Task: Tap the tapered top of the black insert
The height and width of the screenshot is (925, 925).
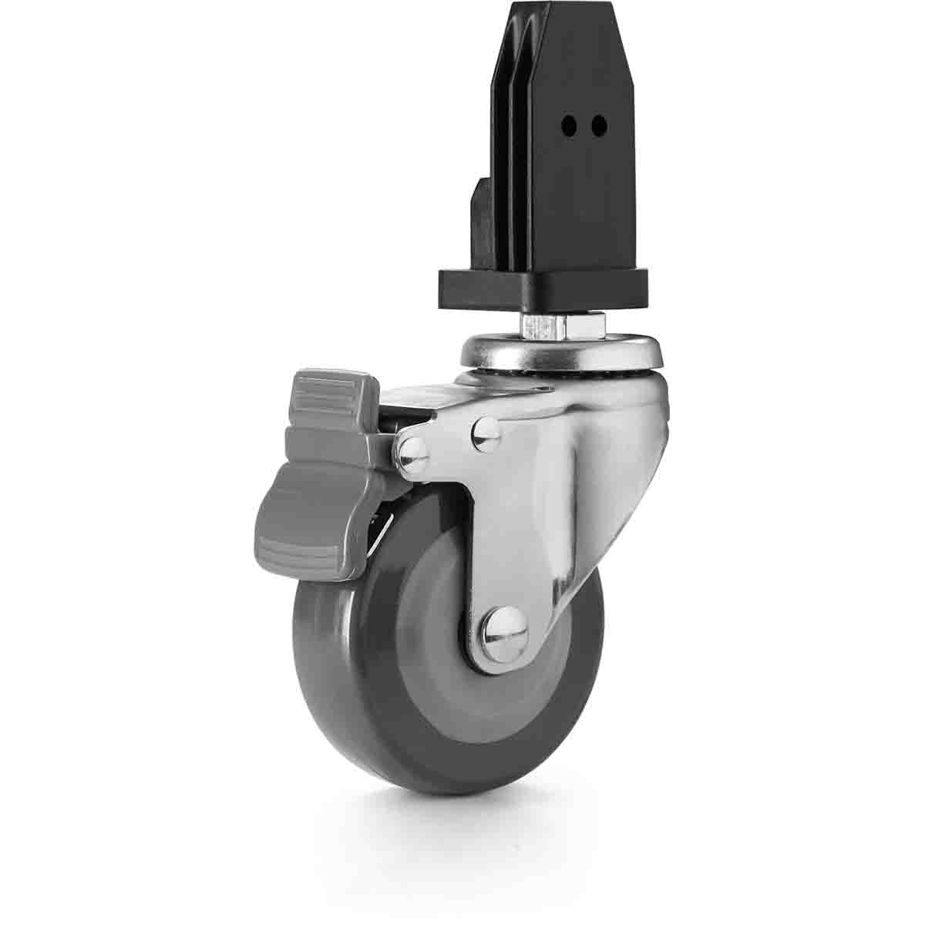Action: [x=570, y=31]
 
